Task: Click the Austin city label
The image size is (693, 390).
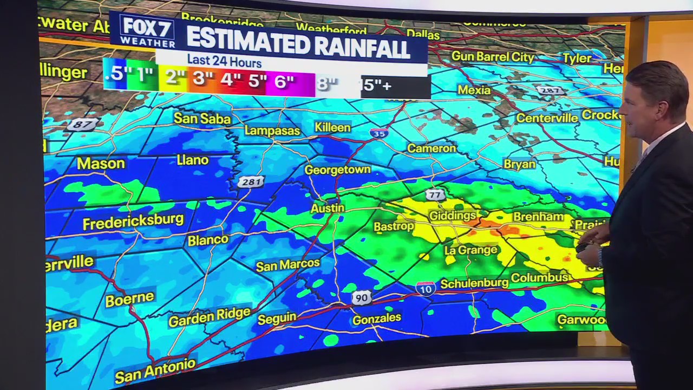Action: click(x=328, y=208)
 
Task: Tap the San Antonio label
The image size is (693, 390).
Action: click(x=155, y=369)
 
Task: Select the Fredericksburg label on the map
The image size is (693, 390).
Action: click(x=133, y=222)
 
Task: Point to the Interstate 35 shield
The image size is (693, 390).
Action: click(x=378, y=133)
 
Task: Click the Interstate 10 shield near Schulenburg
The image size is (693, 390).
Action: click(x=426, y=288)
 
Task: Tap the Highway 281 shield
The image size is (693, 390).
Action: click(x=250, y=182)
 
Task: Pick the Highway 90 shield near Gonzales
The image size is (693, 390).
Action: click(x=361, y=297)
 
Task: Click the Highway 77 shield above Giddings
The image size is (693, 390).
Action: click(x=435, y=194)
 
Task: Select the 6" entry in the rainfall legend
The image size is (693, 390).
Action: click(x=284, y=81)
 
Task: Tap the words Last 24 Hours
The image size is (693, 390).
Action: click(x=224, y=62)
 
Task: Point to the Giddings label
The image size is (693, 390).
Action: click(x=452, y=216)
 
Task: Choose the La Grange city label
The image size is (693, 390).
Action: click(x=470, y=250)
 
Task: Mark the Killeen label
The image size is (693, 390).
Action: click(x=332, y=127)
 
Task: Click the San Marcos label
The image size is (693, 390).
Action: click(x=287, y=265)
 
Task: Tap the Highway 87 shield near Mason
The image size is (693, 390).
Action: click(x=83, y=125)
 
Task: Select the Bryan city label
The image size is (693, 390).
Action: click(x=519, y=164)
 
